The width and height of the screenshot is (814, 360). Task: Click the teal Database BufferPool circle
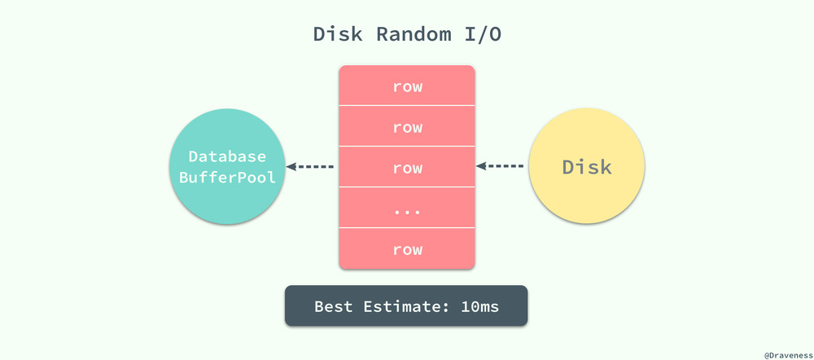pyautogui.click(x=227, y=167)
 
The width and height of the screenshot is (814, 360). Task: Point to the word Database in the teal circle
pyautogui.click(x=227, y=156)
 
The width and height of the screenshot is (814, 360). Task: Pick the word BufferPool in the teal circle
pyautogui.click(x=227, y=177)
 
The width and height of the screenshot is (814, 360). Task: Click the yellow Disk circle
pyautogui.click(x=587, y=167)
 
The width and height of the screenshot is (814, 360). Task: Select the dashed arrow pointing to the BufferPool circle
pyautogui.click(x=310, y=167)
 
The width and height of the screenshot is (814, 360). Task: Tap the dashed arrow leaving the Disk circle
pyautogui.click(x=501, y=166)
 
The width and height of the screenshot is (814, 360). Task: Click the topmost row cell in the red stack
pyautogui.click(x=407, y=86)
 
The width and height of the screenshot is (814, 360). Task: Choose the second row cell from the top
pyautogui.click(x=407, y=127)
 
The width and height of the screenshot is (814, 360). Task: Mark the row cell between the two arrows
pyautogui.click(x=407, y=168)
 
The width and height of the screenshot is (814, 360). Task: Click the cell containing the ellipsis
pyautogui.click(x=407, y=209)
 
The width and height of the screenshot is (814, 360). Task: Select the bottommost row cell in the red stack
pyautogui.click(x=407, y=249)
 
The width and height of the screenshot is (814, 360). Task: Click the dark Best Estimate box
pyautogui.click(x=406, y=306)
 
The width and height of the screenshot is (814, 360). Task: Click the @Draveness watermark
pyautogui.click(x=786, y=354)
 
